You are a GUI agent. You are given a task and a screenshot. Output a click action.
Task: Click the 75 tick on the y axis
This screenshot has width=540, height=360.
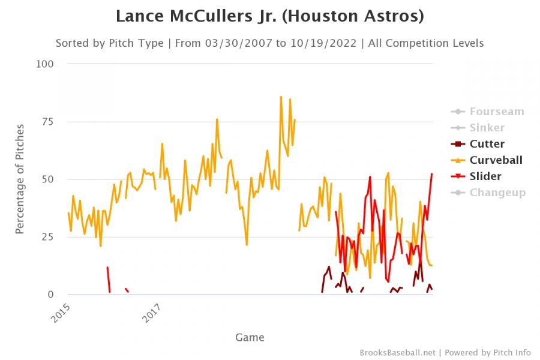(x=49, y=122)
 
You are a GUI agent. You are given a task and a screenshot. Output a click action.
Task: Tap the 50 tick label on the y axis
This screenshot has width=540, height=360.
(x=49, y=179)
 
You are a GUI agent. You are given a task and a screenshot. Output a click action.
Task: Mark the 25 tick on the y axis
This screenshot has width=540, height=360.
(x=49, y=237)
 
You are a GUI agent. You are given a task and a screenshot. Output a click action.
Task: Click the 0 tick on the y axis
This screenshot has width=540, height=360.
(x=52, y=295)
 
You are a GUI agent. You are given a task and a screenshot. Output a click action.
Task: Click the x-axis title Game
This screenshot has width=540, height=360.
(x=250, y=337)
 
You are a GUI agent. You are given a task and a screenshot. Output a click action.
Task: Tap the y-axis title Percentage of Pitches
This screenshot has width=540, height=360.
(x=20, y=179)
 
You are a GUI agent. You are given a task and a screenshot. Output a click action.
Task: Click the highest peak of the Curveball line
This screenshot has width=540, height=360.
(x=281, y=97)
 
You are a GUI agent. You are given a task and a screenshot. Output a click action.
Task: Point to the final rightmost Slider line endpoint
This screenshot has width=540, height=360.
(x=432, y=173)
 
